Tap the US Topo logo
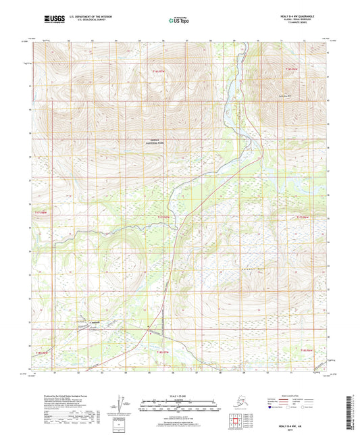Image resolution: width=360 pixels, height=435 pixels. [174, 21]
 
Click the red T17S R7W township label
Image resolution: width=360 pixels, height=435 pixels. [164, 216]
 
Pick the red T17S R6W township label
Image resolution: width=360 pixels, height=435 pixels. [303, 216]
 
